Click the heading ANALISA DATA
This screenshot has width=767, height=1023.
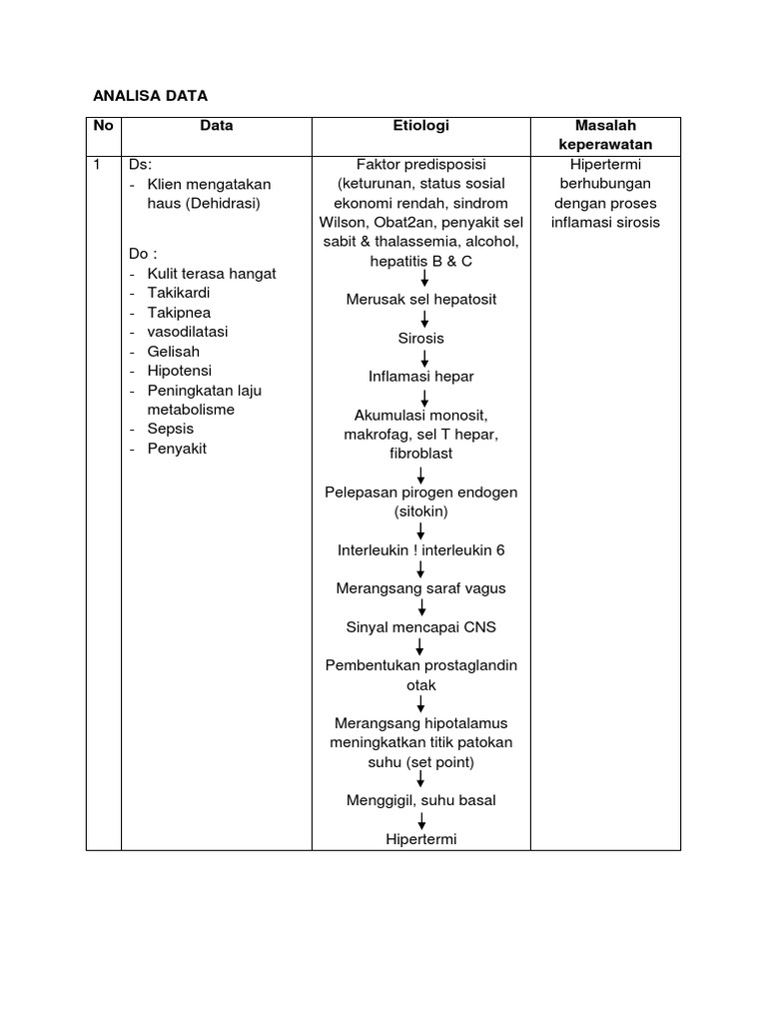click(x=150, y=96)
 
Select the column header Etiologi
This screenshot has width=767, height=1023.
click(x=420, y=126)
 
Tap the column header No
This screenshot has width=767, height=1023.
click(x=103, y=126)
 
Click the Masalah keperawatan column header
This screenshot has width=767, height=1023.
click(x=605, y=135)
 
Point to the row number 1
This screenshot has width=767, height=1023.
click(x=97, y=165)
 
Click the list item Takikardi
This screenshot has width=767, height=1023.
click(x=179, y=293)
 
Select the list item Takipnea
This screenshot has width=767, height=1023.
click(x=179, y=313)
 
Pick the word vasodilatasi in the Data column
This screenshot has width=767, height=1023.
click(x=188, y=332)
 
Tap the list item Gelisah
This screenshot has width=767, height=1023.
click(x=174, y=352)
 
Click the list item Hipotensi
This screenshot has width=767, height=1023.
click(x=178, y=371)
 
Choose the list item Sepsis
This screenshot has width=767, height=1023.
click(x=171, y=429)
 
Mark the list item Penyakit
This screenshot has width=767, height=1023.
click(x=177, y=449)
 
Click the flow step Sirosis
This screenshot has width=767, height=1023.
click(x=420, y=339)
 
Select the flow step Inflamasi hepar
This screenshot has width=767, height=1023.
click(x=420, y=377)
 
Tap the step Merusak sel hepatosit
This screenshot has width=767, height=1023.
click(x=420, y=300)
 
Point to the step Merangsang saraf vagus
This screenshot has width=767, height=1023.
click(x=420, y=588)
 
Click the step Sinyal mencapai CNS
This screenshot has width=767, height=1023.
click(x=420, y=627)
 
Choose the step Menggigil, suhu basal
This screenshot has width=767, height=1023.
click(x=420, y=800)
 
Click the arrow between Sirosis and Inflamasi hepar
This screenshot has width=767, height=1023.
click(x=424, y=358)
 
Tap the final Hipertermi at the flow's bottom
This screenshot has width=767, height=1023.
click(x=420, y=839)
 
